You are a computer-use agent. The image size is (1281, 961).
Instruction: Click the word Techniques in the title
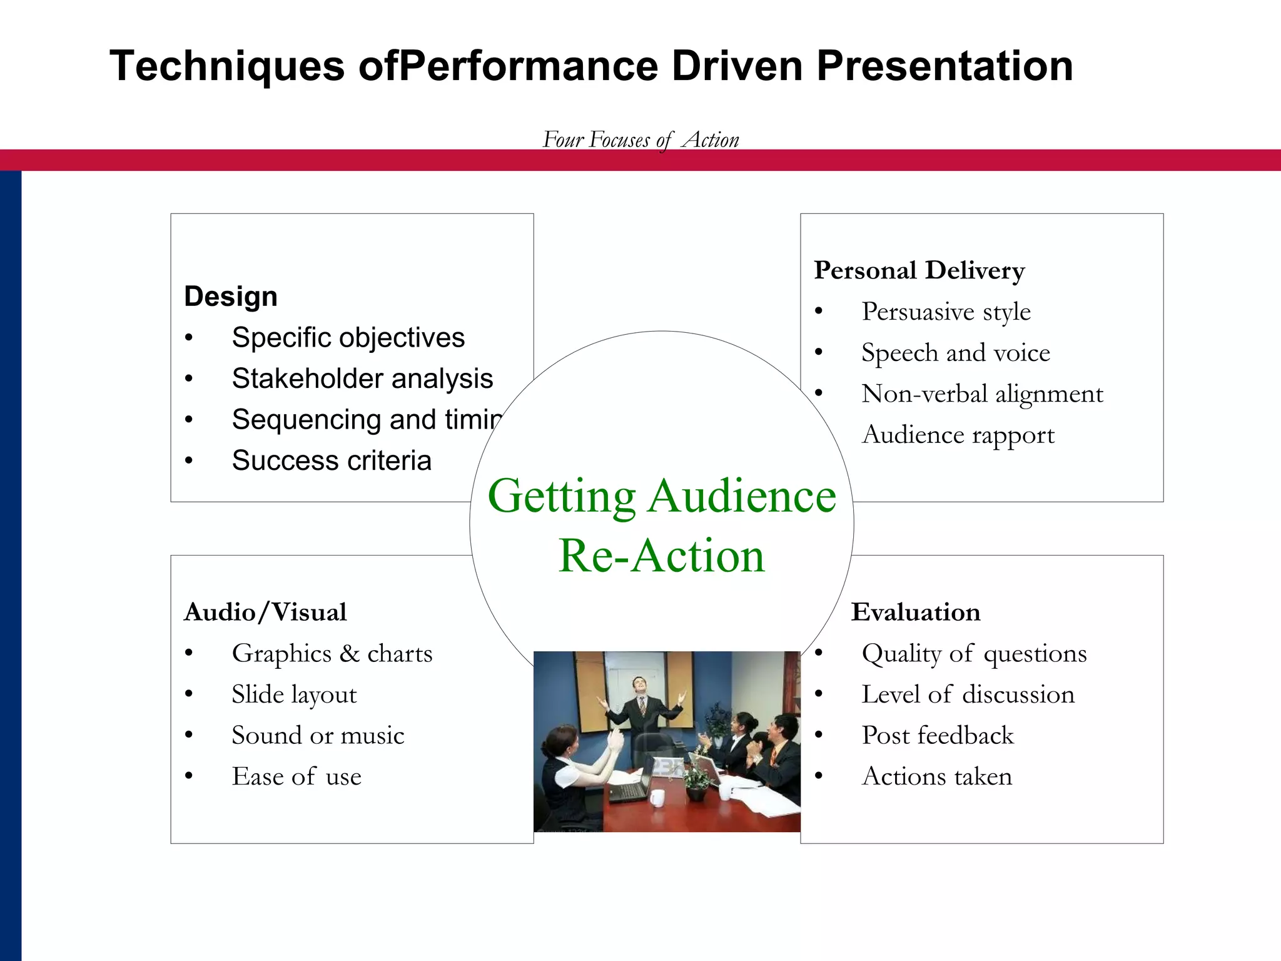227,66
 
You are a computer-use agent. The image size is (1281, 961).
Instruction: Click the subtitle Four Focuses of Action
640,140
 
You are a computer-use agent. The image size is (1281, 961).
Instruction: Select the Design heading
230,296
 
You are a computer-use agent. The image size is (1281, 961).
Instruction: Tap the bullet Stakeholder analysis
362,379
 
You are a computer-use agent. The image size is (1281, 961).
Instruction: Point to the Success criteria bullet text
332,460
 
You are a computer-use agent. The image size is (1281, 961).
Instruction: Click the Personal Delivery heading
919,270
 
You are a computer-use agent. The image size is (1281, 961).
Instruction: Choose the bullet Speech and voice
955,353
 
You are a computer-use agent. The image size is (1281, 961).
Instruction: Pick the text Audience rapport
958,435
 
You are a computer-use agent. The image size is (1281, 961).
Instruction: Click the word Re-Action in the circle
661,556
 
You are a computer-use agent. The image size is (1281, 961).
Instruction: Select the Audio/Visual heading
265,612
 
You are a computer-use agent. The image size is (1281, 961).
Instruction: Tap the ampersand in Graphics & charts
350,654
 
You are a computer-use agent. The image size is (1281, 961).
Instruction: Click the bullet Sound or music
318,736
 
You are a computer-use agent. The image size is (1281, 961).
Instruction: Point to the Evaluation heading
915,612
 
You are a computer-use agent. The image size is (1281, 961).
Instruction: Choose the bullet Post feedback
937,736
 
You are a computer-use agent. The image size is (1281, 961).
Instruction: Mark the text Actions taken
936,776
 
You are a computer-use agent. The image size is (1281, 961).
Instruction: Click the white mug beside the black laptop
656,798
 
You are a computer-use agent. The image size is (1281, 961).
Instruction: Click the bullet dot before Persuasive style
819,312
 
